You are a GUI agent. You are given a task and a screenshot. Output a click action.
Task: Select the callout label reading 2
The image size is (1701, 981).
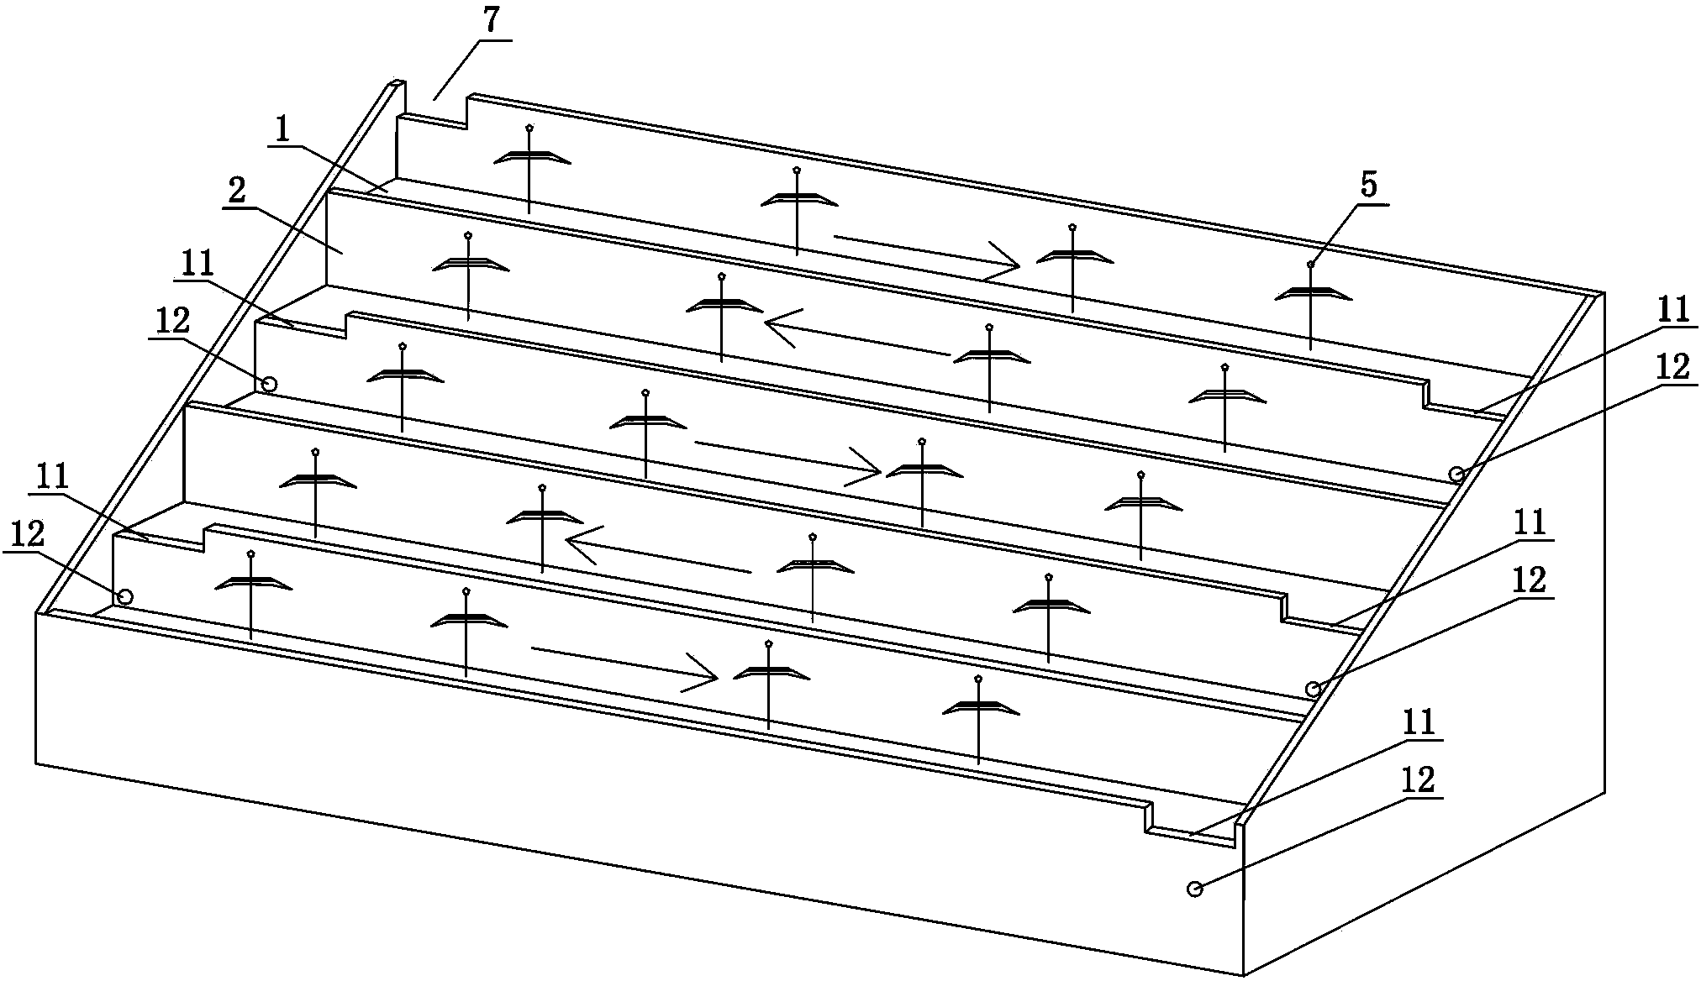(x=237, y=191)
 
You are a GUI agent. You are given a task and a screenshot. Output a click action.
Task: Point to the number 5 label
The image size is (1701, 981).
(x=1369, y=186)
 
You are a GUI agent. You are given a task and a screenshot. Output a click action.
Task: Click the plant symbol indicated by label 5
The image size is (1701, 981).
(x=1311, y=294)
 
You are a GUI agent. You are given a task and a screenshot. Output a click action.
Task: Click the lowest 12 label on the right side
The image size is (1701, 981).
(x=1417, y=780)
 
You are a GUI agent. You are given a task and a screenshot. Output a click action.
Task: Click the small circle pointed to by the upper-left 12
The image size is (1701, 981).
(x=269, y=384)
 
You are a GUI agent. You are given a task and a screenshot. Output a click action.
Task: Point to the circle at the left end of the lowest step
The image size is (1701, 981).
(x=124, y=596)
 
